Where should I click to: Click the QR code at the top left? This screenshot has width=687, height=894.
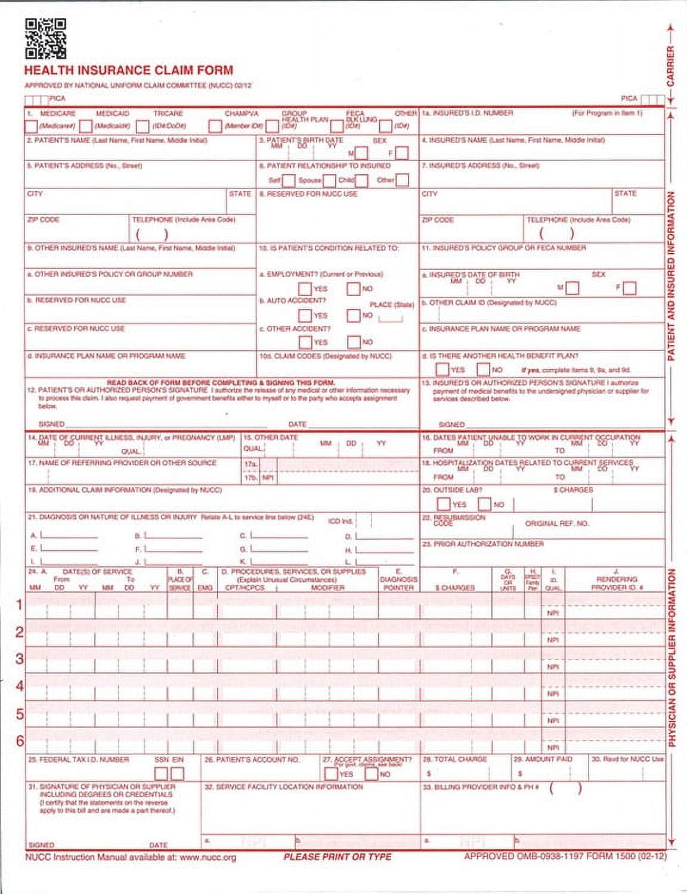coord(45,39)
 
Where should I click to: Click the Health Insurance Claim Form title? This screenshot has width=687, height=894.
coord(128,70)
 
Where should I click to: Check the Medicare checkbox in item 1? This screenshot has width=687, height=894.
coord(31,127)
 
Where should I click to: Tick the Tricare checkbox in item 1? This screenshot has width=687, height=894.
coord(143,127)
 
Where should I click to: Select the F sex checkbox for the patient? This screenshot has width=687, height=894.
coord(402,153)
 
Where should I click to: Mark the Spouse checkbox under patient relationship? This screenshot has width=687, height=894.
coord(329,180)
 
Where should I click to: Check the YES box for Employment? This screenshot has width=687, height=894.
coord(305,289)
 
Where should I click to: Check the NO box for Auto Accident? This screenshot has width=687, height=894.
coord(354,315)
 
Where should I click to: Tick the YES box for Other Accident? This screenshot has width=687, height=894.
coord(305,342)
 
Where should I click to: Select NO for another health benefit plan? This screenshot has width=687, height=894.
coord(483,369)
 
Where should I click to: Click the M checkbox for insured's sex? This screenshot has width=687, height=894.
coord(572,288)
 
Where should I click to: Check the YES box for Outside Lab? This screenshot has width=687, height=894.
coord(444,504)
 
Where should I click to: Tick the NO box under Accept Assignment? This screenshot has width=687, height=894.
coord(371,774)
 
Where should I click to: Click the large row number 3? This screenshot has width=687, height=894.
coord(19,659)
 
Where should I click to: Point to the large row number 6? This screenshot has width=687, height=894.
coord(19,741)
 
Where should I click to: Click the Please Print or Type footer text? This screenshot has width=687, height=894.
coord(337,857)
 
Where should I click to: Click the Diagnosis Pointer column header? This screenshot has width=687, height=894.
coord(398,583)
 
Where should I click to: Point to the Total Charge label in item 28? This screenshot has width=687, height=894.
coord(455,759)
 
